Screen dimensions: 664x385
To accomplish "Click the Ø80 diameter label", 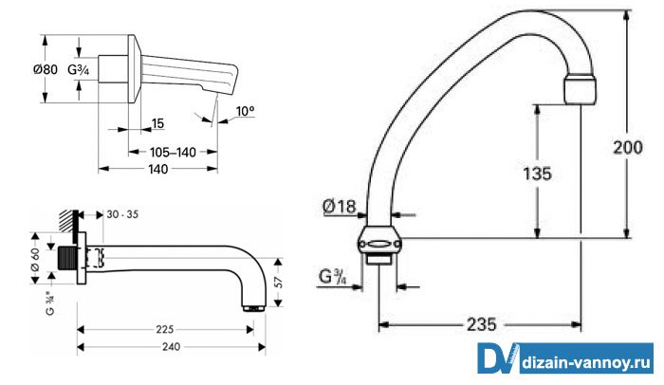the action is click(46, 69).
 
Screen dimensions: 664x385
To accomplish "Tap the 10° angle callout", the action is click(245, 111).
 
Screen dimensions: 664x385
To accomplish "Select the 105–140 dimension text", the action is click(173, 152).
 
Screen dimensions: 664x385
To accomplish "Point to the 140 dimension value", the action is click(158, 170).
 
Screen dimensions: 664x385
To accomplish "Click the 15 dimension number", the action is click(157, 123).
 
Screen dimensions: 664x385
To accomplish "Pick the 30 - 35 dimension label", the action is click(122, 214).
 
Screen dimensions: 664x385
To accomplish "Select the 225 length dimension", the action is click(165, 329).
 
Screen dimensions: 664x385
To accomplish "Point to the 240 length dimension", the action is click(171, 347).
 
